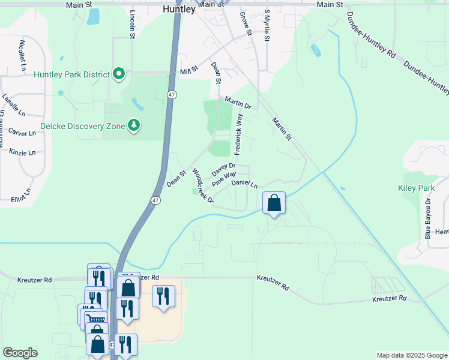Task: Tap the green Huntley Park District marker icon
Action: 119,74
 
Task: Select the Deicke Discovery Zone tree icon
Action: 134,126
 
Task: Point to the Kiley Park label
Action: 416,188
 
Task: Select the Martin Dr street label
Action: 238,103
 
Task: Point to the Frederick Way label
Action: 240,135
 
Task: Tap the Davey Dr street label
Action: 222,170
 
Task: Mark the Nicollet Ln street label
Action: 23,55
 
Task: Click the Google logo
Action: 20,353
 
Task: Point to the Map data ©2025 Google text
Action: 412,355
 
